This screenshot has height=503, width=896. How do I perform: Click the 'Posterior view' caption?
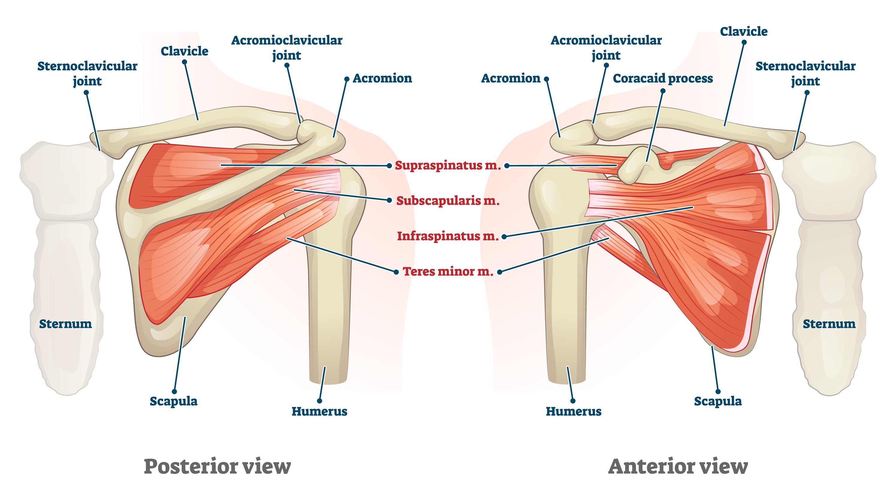point(217,466)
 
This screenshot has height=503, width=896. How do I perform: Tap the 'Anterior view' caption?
point(677,466)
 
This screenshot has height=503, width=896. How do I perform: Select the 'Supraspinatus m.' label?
point(448,165)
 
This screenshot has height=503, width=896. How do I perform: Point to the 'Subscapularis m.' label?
point(448,201)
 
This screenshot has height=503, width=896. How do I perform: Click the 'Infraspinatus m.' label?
point(448,236)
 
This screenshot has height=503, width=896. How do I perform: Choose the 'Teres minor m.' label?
point(448,271)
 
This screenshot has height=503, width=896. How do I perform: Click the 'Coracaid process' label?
point(662,78)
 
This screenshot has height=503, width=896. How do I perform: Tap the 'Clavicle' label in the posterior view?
point(184,52)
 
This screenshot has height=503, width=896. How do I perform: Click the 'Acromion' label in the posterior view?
point(382,78)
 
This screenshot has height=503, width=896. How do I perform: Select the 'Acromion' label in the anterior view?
point(511,78)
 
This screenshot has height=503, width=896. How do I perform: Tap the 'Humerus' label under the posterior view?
point(319,412)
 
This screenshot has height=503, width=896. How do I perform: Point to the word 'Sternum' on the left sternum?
point(65,324)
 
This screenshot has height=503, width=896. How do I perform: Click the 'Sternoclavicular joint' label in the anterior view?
point(805,73)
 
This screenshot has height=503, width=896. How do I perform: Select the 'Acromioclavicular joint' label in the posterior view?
point(287,48)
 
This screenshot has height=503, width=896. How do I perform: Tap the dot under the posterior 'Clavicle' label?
point(185,62)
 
